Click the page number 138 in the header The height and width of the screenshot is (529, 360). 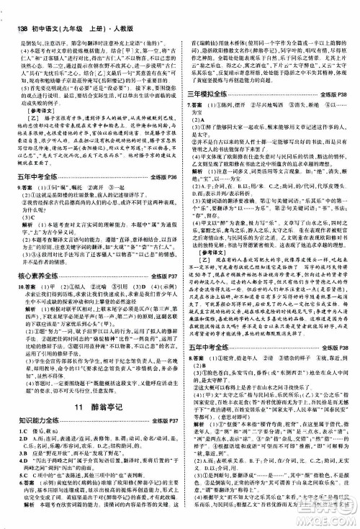click(15, 9)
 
